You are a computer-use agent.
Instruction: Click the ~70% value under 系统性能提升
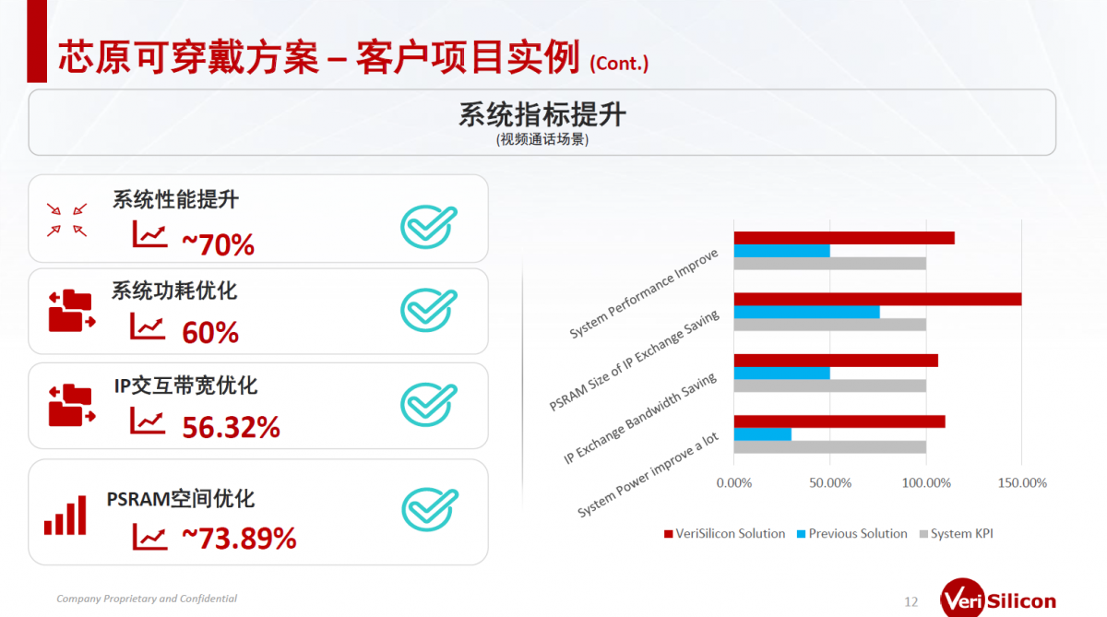(218, 244)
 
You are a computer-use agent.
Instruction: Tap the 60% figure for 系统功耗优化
(210, 332)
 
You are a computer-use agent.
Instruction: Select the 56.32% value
(231, 427)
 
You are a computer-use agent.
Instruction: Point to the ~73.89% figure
(239, 539)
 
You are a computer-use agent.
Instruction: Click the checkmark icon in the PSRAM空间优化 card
(430, 509)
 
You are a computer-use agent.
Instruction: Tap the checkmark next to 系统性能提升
(429, 227)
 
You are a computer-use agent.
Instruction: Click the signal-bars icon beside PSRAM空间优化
(65, 516)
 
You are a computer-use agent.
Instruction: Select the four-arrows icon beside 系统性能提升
(66, 220)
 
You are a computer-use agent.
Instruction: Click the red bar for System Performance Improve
(844, 238)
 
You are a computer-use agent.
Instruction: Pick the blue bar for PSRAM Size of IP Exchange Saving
(806, 313)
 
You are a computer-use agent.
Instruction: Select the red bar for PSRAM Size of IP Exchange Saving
(877, 300)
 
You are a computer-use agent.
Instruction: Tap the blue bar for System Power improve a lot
(763, 434)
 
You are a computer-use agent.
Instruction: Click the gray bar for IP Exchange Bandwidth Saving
(829, 386)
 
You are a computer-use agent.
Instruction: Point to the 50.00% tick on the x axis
(830, 482)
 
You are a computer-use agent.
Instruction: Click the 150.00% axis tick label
(1022, 482)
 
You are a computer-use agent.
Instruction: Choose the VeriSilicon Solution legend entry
(724, 533)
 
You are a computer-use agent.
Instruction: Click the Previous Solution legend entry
(852, 533)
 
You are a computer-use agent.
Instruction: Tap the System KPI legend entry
(957, 533)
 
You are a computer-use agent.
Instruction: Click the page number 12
(911, 601)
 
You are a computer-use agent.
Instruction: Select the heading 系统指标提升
(542, 114)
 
